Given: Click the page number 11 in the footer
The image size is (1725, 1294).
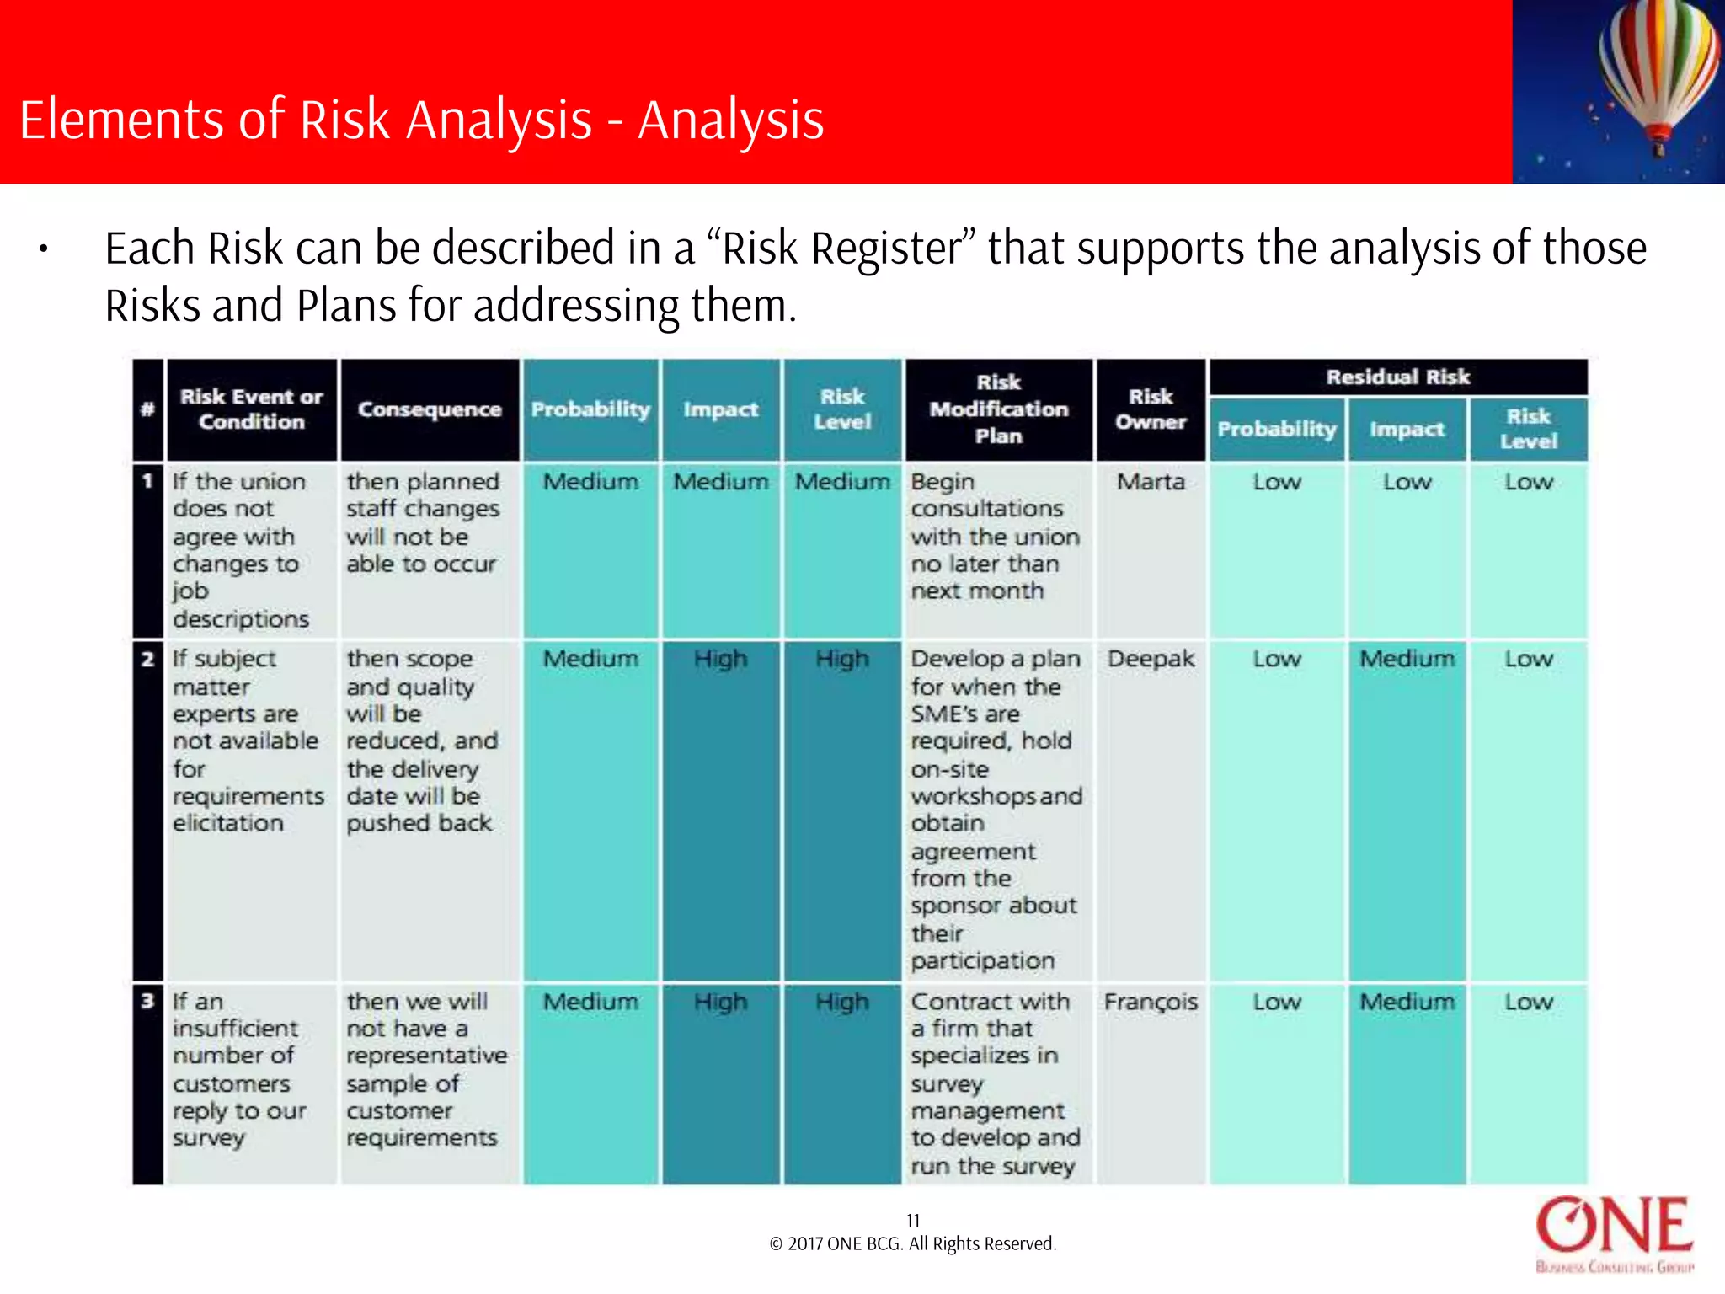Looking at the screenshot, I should pos(912,1220).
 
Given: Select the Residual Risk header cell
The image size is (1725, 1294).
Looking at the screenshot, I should pos(1397,377).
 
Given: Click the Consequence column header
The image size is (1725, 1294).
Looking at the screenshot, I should pos(429,409).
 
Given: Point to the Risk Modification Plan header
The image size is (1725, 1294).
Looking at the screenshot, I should pos(998,409).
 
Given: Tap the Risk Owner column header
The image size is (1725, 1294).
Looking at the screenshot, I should pos(1151,409).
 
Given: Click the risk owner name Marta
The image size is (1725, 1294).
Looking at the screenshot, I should pos(1151,482).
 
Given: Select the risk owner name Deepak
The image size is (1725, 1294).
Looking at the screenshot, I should pos(1151,659).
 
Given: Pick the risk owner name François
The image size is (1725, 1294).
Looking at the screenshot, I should pos(1151,1003).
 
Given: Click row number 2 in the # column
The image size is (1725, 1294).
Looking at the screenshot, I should pos(147,659).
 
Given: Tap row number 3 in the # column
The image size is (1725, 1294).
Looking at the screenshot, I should pos(147,1001).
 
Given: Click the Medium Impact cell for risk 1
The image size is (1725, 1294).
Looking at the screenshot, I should pos(720,482).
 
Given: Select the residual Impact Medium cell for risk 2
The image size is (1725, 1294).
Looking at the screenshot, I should pos(1407,659).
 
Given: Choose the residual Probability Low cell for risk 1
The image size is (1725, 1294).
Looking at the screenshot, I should pos(1276,482).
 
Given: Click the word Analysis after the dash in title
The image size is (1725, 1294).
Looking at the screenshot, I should pos(730,120).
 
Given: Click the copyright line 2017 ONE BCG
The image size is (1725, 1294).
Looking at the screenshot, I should pos(912,1244).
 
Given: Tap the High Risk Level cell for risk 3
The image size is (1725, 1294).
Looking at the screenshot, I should pos(841,1003).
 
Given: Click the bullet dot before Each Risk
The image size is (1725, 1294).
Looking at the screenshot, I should pos(43,249).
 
